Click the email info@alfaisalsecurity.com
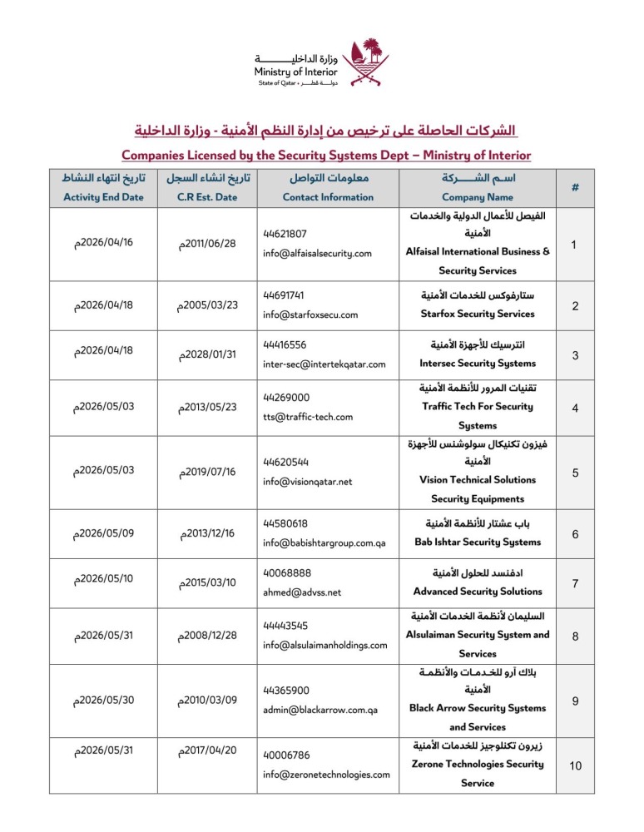[317, 253]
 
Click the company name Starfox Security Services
[478, 314]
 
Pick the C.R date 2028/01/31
[208, 355]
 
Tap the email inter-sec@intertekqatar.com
[324, 363]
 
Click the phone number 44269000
[287, 397]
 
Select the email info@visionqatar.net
[308, 481]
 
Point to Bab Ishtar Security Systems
[478, 542]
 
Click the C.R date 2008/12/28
[208, 636]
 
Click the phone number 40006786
[287, 755]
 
